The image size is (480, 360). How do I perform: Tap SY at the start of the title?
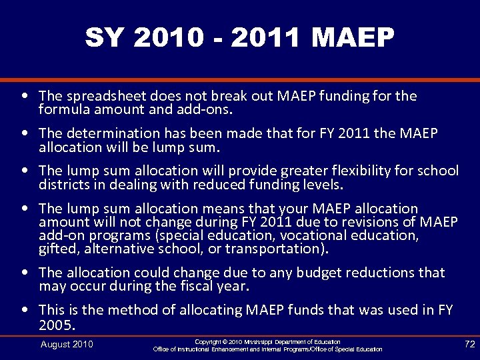click(104, 39)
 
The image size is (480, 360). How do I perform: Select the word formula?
click(62, 109)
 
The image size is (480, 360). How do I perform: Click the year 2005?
click(57, 325)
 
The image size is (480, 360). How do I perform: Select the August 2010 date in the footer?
click(67, 344)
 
